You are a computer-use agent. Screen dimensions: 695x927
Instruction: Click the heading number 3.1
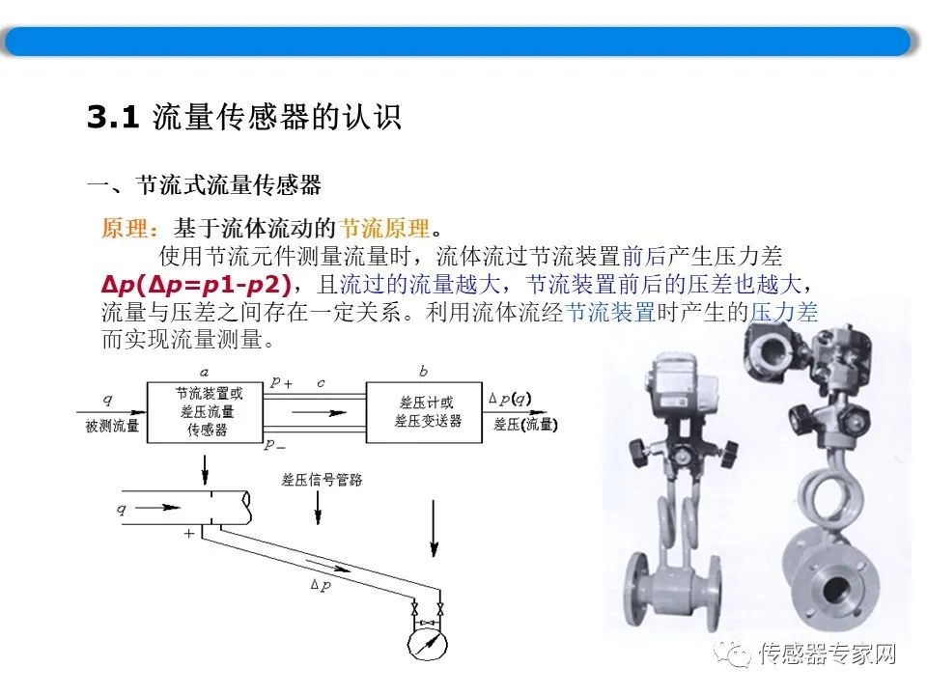(x=114, y=119)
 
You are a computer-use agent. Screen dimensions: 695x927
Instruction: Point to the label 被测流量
(x=112, y=426)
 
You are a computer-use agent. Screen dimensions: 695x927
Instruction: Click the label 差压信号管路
(x=322, y=480)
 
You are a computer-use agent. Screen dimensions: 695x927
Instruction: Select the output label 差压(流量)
(x=526, y=425)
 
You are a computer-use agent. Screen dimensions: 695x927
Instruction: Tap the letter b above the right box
(x=424, y=371)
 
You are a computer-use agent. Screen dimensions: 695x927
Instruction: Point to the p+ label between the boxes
(x=281, y=382)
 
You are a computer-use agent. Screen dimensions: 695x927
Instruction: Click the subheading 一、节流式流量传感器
(x=204, y=184)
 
